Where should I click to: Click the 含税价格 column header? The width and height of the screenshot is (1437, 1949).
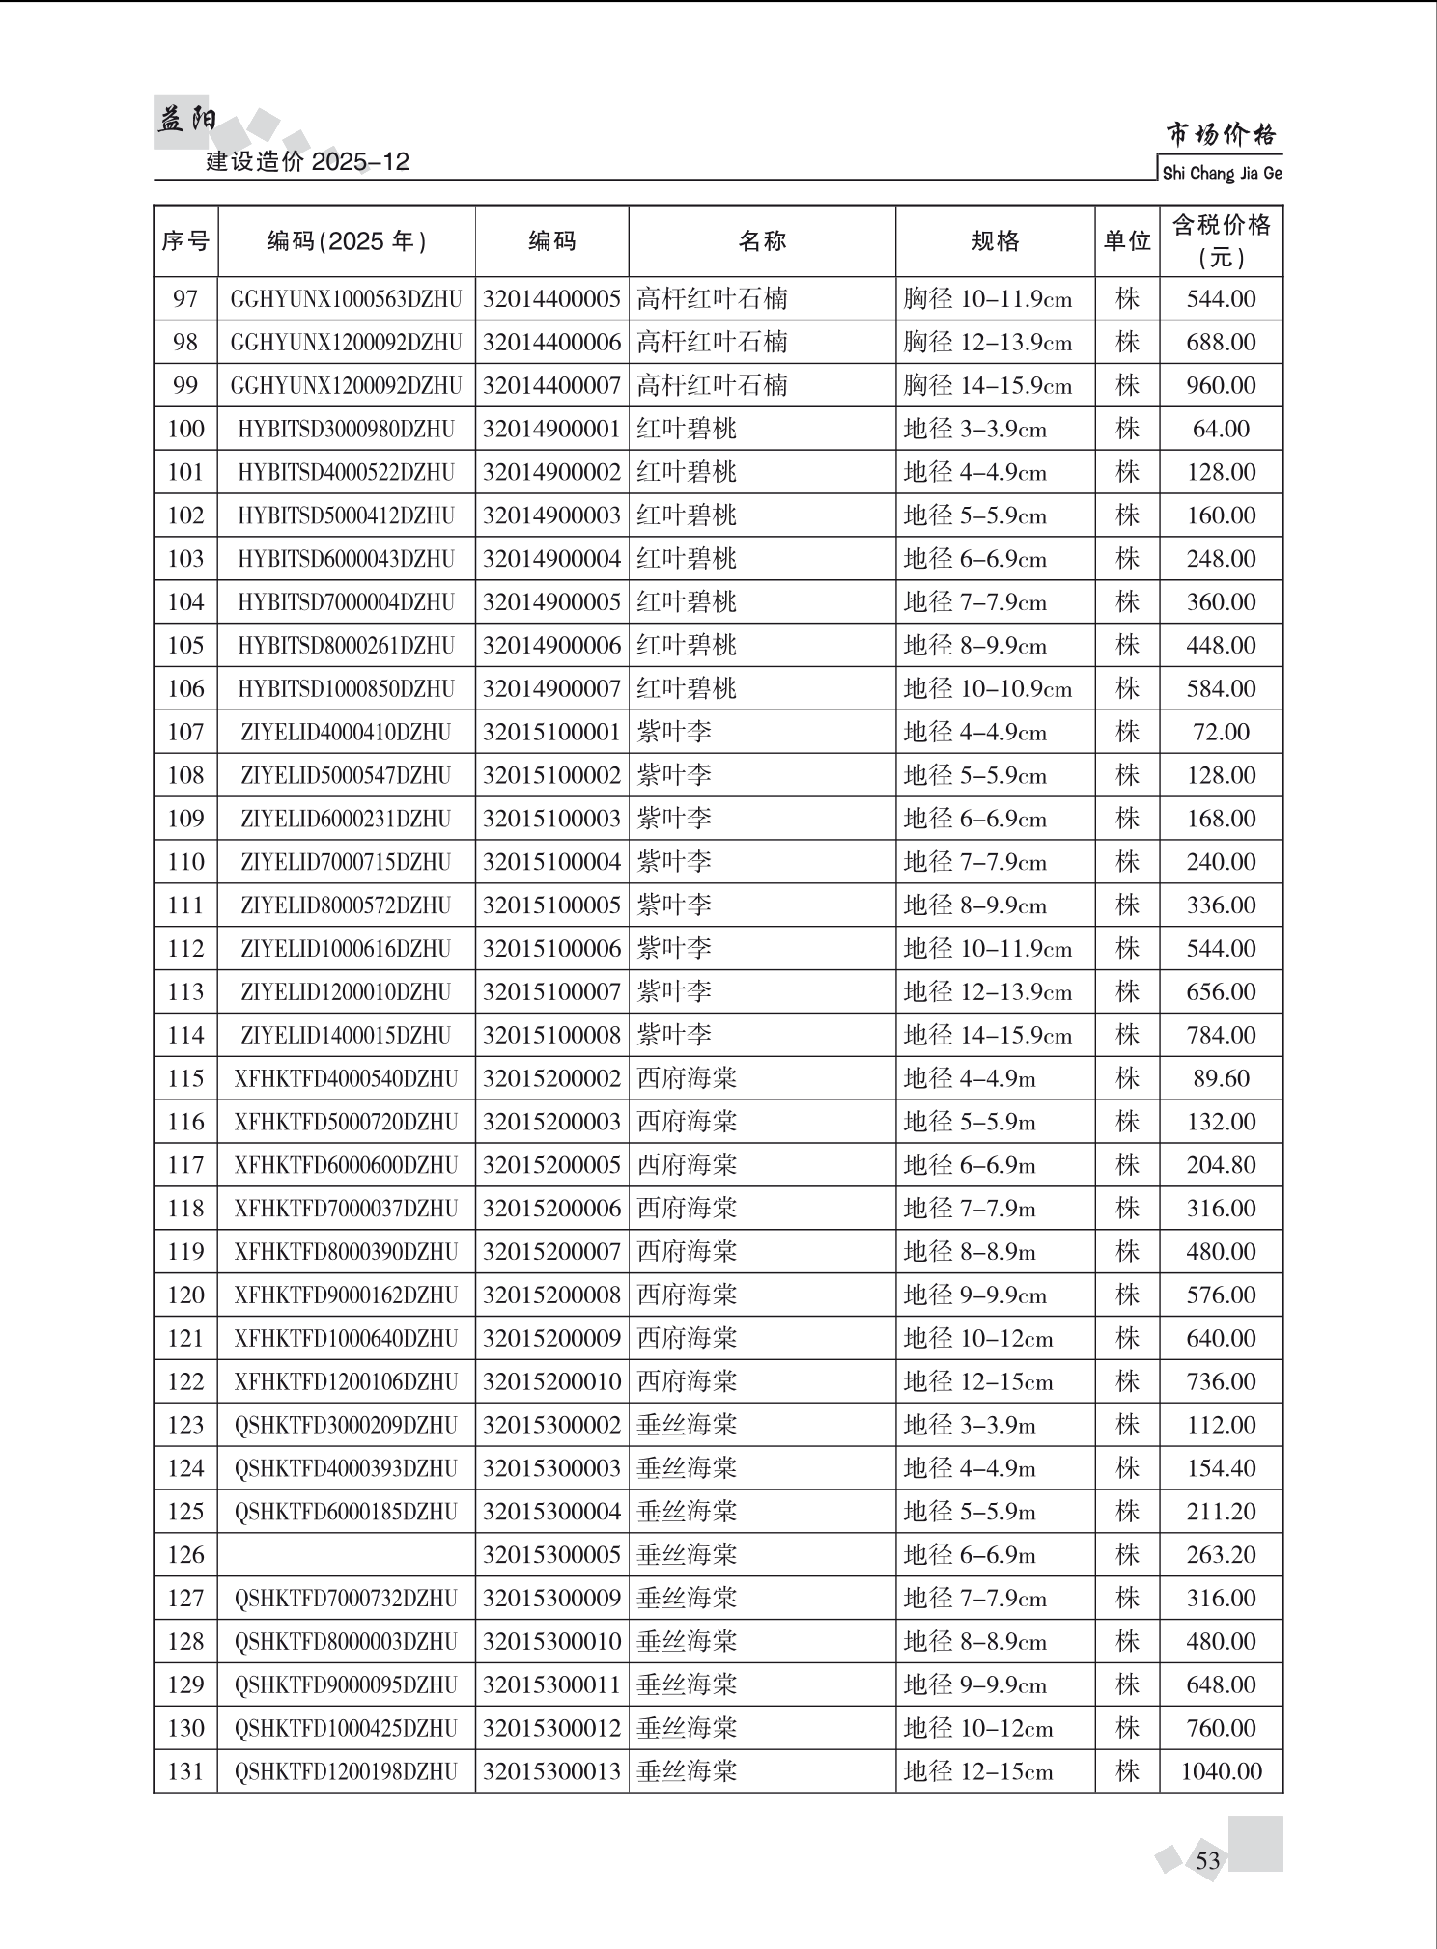click(x=1221, y=240)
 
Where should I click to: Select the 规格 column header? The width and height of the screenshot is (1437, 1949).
click(x=995, y=241)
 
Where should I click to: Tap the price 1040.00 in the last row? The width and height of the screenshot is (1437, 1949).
click(x=1221, y=1771)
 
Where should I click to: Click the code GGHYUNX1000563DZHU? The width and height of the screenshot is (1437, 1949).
click(x=346, y=299)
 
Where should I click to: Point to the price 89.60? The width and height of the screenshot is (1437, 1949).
click(x=1221, y=1078)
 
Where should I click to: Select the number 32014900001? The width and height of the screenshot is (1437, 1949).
click(x=551, y=429)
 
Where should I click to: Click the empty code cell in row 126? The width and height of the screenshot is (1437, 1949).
click(x=346, y=1555)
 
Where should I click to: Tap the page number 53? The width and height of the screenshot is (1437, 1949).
click(x=1207, y=1860)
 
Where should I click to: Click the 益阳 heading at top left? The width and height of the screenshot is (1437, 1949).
click(x=186, y=120)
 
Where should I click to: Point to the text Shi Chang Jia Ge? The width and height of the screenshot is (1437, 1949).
click(x=1222, y=174)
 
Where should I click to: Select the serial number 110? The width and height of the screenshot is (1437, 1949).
click(x=185, y=862)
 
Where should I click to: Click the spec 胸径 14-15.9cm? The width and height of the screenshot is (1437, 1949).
click(x=987, y=386)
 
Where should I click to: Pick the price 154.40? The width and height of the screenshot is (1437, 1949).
click(x=1221, y=1468)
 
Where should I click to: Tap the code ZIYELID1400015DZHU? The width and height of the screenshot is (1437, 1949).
click(x=346, y=1036)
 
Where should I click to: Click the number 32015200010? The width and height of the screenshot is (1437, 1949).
click(x=551, y=1381)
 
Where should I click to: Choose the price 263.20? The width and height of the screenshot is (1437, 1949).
click(x=1221, y=1555)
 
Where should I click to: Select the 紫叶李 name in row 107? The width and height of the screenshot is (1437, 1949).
click(x=674, y=732)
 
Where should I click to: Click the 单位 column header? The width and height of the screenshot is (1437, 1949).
click(x=1127, y=241)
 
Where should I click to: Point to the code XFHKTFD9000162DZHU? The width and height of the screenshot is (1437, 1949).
click(x=346, y=1295)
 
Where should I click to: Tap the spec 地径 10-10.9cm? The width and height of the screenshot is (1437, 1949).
click(x=987, y=689)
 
